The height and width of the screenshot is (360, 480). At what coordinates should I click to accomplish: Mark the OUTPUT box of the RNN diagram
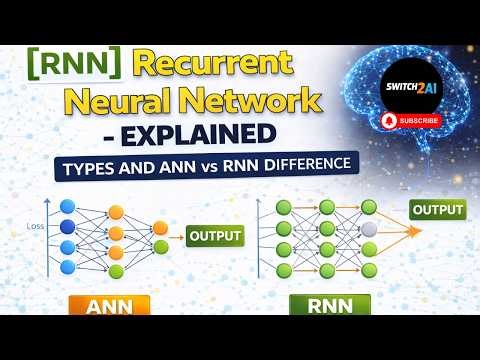click(437, 210)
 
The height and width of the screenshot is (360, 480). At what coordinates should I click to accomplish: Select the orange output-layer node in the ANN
click(161, 225)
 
